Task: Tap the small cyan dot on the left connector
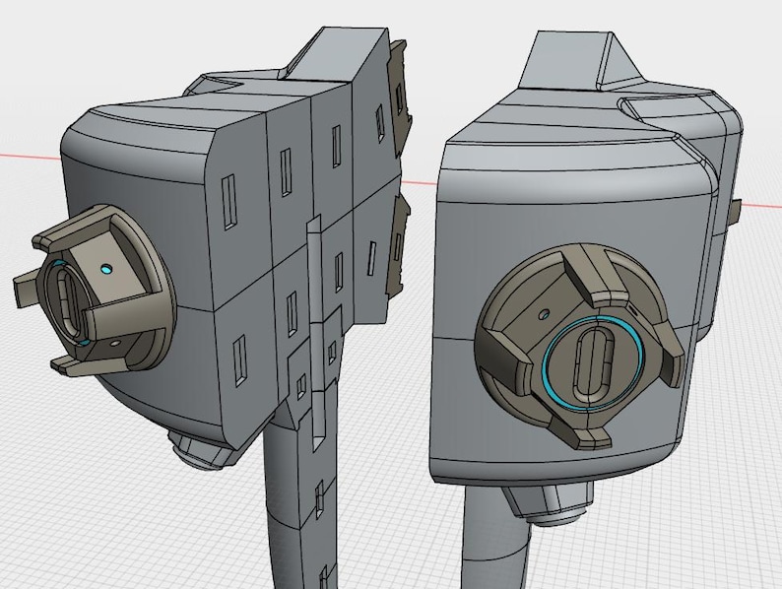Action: coord(106,268)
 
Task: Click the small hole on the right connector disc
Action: coord(544,315)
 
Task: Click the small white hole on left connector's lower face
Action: coord(115,342)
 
